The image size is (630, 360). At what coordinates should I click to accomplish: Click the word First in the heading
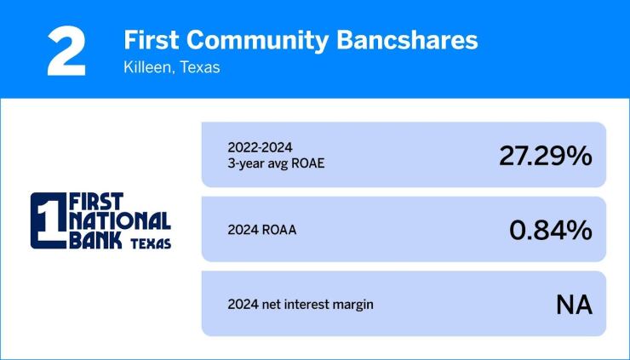[x=150, y=40]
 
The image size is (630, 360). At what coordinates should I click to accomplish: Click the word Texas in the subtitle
[x=197, y=67]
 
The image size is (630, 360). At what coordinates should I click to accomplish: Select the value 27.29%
[x=545, y=156]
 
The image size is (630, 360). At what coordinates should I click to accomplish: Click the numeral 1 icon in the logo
[x=47, y=220]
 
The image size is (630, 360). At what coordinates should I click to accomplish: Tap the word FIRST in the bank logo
[x=95, y=201]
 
